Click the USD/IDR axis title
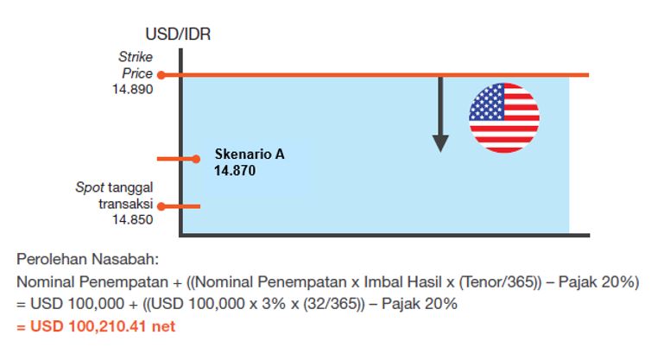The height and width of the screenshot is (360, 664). pos(178,34)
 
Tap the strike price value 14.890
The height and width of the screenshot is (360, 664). pos(133,90)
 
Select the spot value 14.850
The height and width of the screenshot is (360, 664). pos(133,219)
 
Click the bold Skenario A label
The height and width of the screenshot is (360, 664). pos(250,154)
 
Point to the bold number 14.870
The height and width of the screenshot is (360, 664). pos(235,171)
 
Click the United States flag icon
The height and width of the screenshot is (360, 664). pos(504,117)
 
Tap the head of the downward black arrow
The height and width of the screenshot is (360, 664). pos(440,143)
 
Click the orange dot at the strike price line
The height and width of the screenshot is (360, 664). pos(161,75)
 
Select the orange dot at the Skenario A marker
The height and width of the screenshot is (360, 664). pos(196,159)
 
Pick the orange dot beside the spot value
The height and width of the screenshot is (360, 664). pos(161,206)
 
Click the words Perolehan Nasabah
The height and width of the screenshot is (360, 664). pos(88,259)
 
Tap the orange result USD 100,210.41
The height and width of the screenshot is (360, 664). pos(88,326)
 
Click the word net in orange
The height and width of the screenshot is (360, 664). pos(163,327)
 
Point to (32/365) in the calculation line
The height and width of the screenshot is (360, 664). pos(333,304)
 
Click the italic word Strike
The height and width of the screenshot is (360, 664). pos(136,57)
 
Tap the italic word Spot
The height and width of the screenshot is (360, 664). pos(90,187)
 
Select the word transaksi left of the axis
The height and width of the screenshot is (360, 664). pos(126,204)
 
